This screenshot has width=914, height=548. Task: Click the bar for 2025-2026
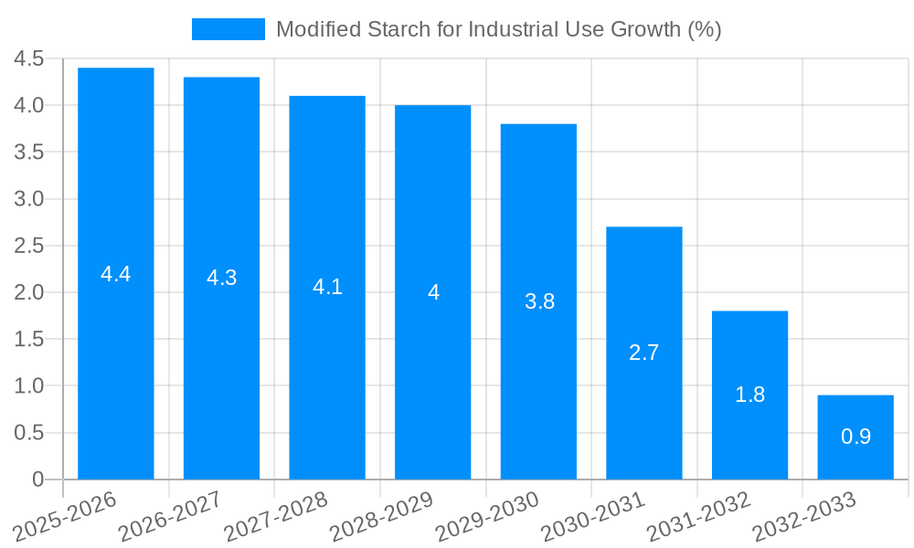[x=116, y=273]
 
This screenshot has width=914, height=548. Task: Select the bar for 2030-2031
[x=644, y=353]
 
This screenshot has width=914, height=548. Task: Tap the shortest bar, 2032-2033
[x=856, y=437]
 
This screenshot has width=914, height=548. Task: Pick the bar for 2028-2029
[x=433, y=292]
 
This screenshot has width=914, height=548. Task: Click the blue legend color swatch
[x=228, y=29]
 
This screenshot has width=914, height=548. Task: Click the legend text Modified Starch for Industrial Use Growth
[x=498, y=29]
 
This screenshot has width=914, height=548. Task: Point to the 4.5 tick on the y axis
[x=29, y=58]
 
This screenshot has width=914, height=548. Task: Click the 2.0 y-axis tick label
[x=29, y=292]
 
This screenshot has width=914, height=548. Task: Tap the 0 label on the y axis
[x=37, y=479]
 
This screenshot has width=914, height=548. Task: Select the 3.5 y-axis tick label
[x=29, y=152]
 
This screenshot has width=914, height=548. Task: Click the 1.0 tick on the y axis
[x=29, y=385]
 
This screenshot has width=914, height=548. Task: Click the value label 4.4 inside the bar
[x=116, y=273]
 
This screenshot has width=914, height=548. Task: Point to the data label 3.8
[x=539, y=301]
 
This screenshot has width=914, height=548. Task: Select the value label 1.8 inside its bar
[x=750, y=395]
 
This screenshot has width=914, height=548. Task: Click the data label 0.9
[x=856, y=437]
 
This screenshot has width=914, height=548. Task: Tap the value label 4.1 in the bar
[x=327, y=287]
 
